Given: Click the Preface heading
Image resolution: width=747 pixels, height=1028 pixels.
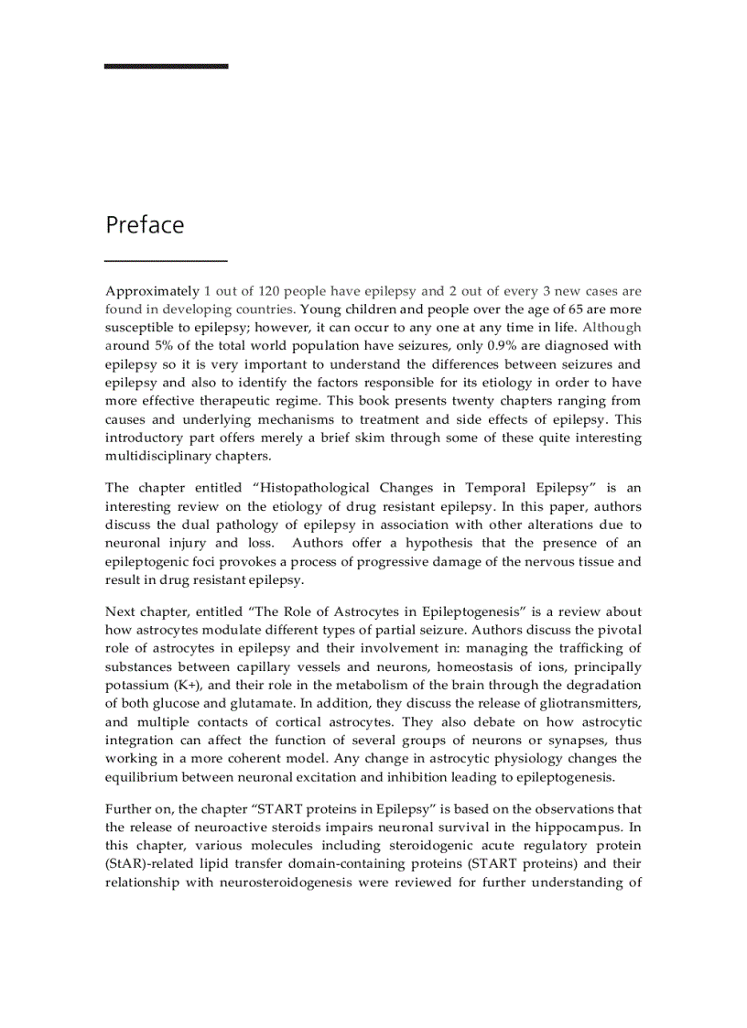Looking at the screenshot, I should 145,225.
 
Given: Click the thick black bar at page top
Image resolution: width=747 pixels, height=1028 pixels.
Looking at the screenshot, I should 166,66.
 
